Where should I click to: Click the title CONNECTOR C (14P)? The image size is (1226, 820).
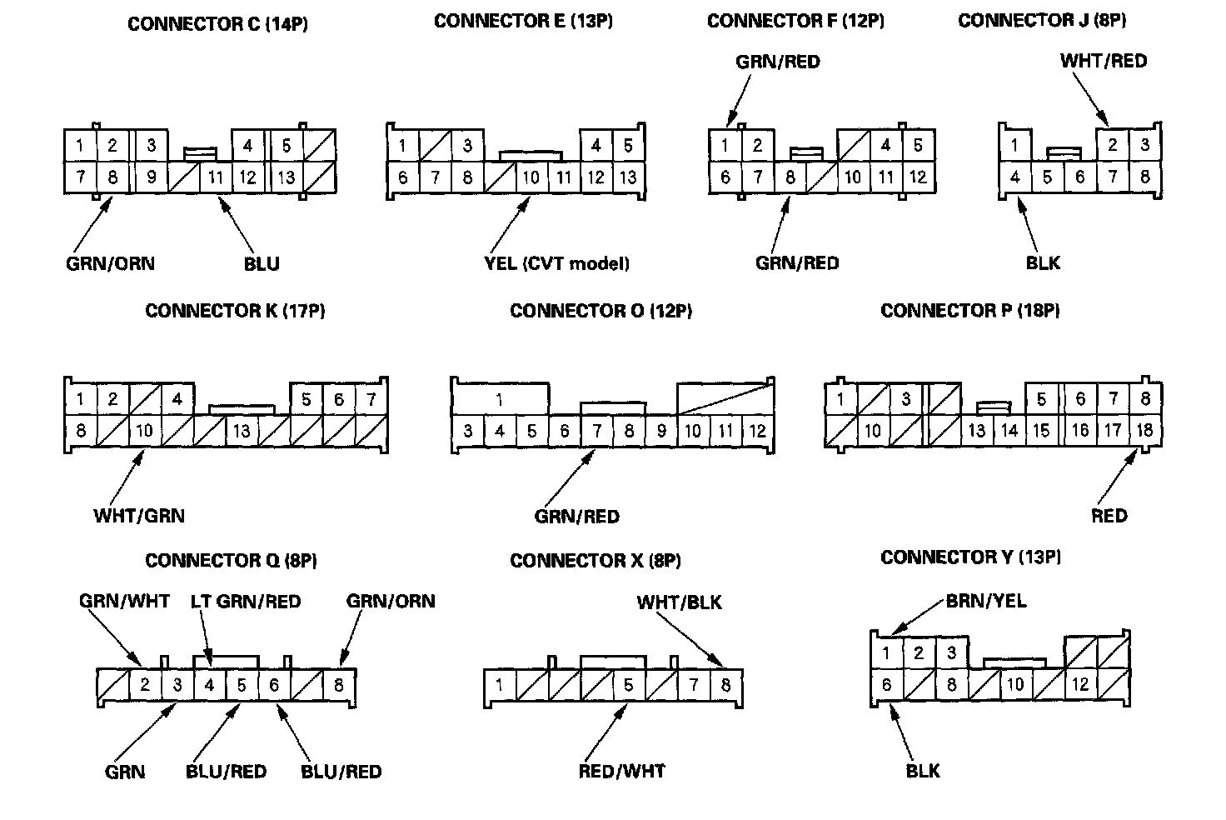tap(217, 24)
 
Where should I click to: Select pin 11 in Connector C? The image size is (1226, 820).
tap(215, 177)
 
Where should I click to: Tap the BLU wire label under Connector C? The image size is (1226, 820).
tap(262, 264)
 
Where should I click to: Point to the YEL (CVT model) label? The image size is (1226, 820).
tap(556, 264)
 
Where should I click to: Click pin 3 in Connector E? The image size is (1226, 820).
tap(467, 146)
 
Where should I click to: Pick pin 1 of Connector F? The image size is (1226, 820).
tap(725, 146)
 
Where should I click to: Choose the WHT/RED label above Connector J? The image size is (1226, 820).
tap(1103, 61)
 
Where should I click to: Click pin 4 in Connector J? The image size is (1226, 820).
tap(1014, 177)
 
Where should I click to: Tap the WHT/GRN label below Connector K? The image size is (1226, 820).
tap(139, 516)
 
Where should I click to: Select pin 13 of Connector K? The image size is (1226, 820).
tap(242, 431)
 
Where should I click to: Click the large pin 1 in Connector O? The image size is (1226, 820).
tap(500, 400)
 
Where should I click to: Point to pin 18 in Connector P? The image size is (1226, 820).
tap(1144, 431)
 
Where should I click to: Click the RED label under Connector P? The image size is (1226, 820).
tap(1109, 516)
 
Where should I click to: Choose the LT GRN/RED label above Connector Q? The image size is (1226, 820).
tap(246, 602)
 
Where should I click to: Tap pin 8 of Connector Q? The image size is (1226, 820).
tap(338, 686)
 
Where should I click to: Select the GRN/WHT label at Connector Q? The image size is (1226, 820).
tap(124, 602)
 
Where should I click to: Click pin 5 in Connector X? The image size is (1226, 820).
tap(628, 686)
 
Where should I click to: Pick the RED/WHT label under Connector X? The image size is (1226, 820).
tap(621, 772)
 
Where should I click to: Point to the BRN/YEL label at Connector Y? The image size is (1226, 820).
tap(986, 602)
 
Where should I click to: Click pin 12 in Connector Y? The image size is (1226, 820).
tap(1080, 685)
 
